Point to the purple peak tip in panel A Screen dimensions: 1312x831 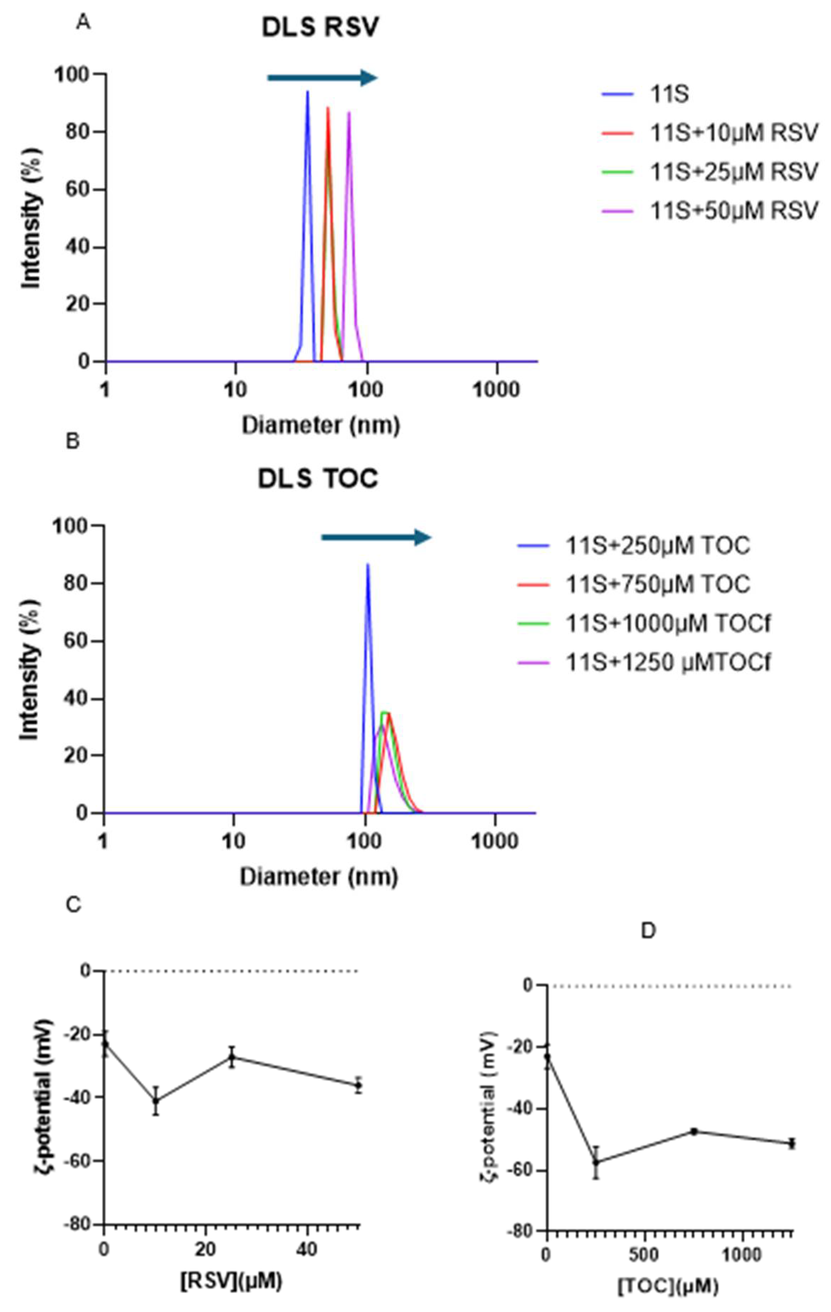pyautogui.click(x=348, y=112)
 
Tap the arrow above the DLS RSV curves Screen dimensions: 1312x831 pyautogui.click(x=322, y=78)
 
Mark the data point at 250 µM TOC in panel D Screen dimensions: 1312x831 pyautogui.click(x=596, y=1162)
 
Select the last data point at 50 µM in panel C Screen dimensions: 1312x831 pyautogui.click(x=358, y=1085)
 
